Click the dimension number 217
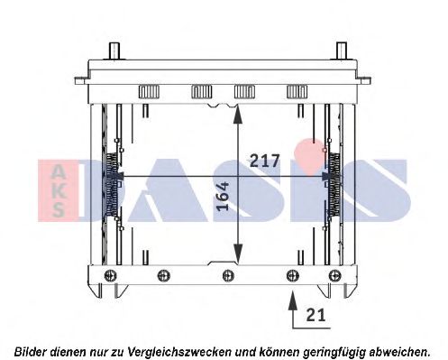pyautogui.click(x=265, y=161)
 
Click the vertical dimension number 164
pyautogui.click(x=223, y=196)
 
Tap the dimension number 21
pyautogui.click(x=315, y=315)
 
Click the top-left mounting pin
pyautogui.click(x=114, y=51)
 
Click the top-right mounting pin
pyautogui.click(x=342, y=51)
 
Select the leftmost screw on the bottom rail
pyautogui.click(x=110, y=275)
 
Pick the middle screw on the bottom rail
pyautogui.click(x=228, y=275)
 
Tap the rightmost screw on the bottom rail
pyautogui.click(x=335, y=275)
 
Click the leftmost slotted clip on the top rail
pyautogui.click(x=149, y=92)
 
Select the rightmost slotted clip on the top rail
pyautogui.click(x=297, y=92)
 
